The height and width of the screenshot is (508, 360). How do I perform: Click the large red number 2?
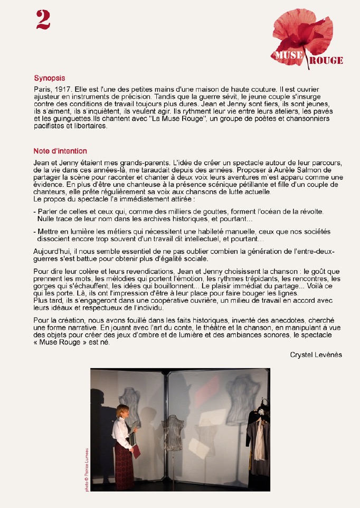[43, 20]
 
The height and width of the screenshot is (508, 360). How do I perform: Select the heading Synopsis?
[49, 77]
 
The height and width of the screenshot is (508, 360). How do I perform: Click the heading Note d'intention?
[60, 151]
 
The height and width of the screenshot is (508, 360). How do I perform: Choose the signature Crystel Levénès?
[316, 355]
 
